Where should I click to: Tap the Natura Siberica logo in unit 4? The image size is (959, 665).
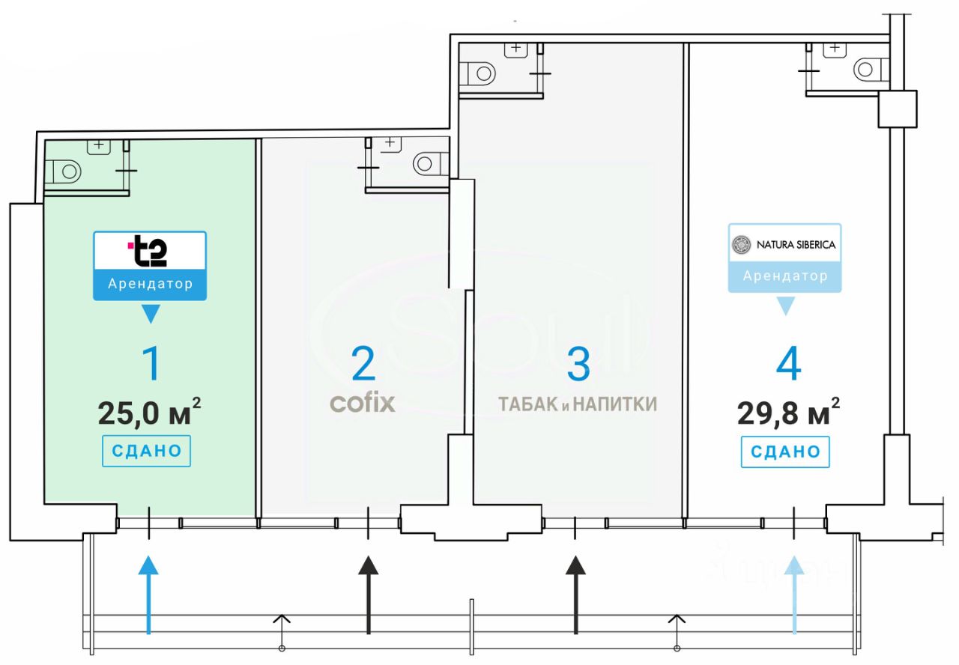(x=784, y=244)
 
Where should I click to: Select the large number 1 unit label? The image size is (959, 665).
(x=151, y=364)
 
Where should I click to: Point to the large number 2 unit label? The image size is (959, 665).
(x=363, y=364)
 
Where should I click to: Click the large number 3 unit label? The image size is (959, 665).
(x=578, y=364)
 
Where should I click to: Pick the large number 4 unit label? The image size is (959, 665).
(x=789, y=365)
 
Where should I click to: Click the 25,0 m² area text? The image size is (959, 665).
(x=149, y=412)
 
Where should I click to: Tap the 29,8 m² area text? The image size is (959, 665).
(x=788, y=413)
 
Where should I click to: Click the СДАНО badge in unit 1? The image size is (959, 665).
(x=147, y=451)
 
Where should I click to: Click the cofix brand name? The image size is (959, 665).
(x=363, y=404)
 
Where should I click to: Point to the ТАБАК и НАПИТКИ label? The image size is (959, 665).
(x=578, y=404)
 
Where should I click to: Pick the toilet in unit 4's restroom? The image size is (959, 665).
(x=868, y=70)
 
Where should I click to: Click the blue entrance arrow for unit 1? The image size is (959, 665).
(x=149, y=595)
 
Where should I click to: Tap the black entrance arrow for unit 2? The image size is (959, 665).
(x=368, y=595)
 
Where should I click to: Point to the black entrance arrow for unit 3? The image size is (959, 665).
(x=575, y=595)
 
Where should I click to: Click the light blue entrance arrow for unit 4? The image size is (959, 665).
(x=794, y=595)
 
